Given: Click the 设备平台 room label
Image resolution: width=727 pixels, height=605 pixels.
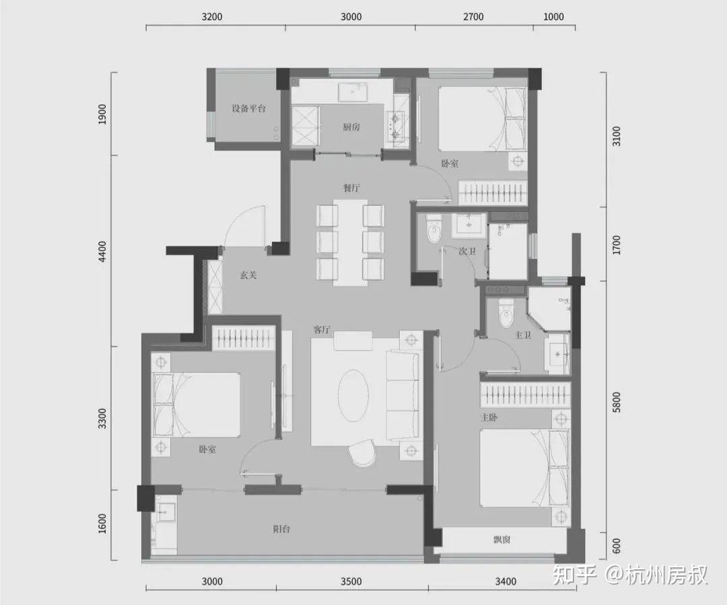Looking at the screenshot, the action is (x=249, y=109).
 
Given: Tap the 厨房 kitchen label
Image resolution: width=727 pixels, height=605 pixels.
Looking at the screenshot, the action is (x=351, y=127).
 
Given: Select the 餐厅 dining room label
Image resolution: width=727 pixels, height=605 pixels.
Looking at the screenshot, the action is (x=351, y=188).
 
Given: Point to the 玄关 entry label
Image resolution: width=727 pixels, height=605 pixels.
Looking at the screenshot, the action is (x=248, y=275).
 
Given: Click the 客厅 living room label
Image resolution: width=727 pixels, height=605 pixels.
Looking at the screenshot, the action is (x=322, y=330).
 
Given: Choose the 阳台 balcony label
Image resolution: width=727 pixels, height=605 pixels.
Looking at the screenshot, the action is (x=282, y=529).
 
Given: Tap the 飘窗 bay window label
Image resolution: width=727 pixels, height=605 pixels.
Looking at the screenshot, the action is (x=501, y=540).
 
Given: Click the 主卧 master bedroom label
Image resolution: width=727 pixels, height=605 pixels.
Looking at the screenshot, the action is (x=489, y=417).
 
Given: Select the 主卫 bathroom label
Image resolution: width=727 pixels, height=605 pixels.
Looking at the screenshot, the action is (x=523, y=334).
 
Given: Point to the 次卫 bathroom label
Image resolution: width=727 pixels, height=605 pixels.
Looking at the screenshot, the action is (x=467, y=251).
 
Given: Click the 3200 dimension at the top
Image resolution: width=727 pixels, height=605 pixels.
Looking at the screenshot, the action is (x=212, y=17).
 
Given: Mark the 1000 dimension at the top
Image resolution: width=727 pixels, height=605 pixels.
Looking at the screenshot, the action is (x=553, y=17).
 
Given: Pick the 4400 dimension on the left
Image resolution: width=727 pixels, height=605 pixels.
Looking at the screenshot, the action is (x=102, y=251).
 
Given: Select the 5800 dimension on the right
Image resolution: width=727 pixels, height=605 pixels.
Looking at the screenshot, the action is (x=616, y=402).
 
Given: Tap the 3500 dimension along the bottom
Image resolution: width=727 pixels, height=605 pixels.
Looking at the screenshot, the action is (x=351, y=582).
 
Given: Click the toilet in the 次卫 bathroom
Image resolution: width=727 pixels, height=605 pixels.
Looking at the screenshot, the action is (x=434, y=229).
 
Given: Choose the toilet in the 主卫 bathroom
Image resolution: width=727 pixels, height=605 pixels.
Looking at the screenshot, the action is (x=506, y=313).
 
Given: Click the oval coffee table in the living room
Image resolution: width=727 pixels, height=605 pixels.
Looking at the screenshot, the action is (x=353, y=396).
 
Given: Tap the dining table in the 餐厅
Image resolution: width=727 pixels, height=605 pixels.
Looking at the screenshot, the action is (x=351, y=242).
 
